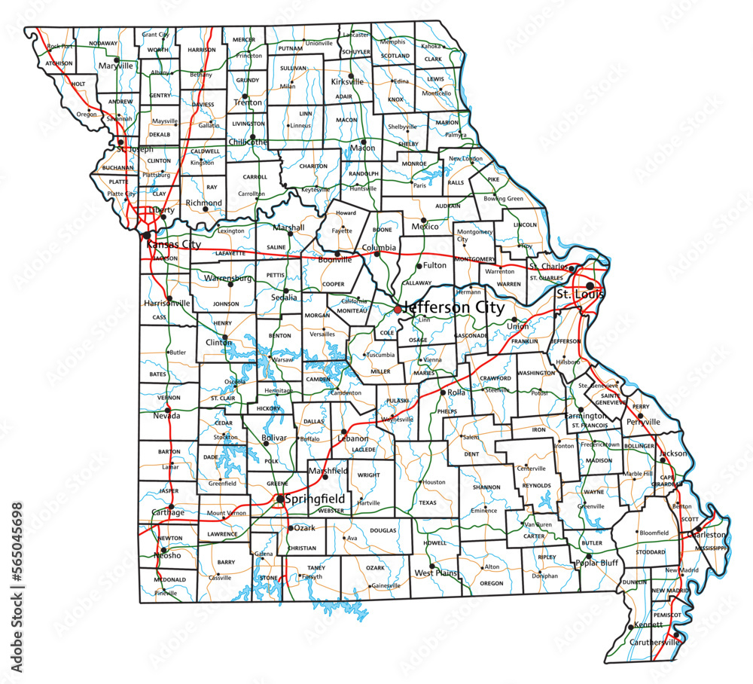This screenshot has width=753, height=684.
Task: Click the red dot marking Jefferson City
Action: pos(398,309)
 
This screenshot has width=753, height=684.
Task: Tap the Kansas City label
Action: pos(174,245)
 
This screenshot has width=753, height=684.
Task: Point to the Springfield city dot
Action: pos(280,499)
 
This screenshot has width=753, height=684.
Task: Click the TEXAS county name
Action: pos(427,502)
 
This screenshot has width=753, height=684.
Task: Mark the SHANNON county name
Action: pos(486,487)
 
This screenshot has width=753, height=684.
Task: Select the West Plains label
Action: pos(436,573)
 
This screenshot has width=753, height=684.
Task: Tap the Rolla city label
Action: pos(457,392)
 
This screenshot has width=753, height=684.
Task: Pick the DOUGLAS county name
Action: pos(383,530)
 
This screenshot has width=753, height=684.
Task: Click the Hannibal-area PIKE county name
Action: pos(494,179)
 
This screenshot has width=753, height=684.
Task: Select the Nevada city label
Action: pos(166,415)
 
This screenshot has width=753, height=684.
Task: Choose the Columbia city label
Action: pos(379,247)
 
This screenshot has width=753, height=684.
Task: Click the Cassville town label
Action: pos(220,578)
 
